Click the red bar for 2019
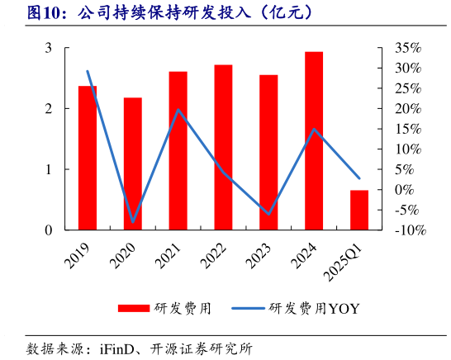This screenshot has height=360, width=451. (88, 157)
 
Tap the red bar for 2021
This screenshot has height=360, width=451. (178, 150)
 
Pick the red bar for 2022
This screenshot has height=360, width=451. (223, 147)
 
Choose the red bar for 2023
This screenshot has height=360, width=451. (268, 152)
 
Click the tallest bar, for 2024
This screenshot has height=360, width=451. (314, 140)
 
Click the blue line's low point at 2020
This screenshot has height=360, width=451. (133, 222)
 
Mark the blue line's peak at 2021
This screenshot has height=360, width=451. (178, 110)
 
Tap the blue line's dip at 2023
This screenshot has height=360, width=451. (268, 214)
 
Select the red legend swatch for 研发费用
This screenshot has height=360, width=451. (135, 309)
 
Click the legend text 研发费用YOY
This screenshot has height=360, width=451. (315, 309)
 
